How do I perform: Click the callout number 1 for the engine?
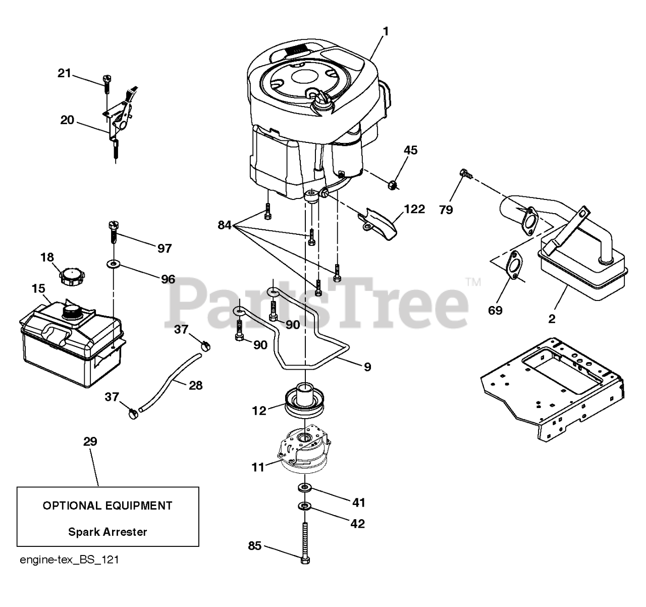(386, 31)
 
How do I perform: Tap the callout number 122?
(414, 209)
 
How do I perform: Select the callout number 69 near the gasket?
(496, 310)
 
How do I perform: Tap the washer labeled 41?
(304, 487)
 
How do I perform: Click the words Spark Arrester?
(107, 531)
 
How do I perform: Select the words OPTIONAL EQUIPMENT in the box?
(107, 505)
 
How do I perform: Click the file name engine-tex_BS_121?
(69, 560)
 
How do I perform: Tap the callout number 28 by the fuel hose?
(195, 385)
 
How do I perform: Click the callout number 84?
(224, 225)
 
